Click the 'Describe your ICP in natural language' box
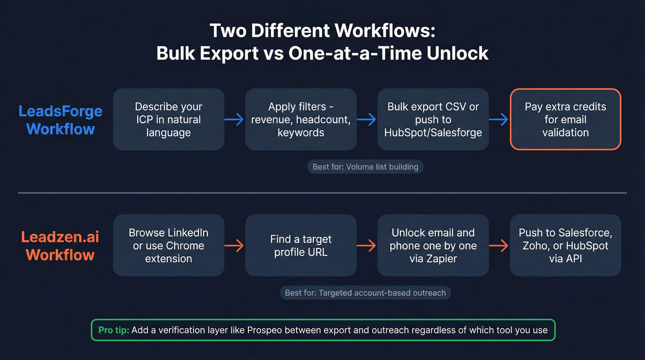click(x=169, y=119)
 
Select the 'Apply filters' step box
click(x=301, y=119)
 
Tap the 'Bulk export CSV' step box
click(x=433, y=119)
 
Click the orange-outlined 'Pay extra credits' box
click(x=565, y=119)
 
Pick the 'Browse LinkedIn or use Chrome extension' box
click(x=169, y=245)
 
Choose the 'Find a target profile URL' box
click(x=301, y=245)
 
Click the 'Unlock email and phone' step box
click(x=433, y=245)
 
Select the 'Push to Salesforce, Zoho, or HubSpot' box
click(x=565, y=245)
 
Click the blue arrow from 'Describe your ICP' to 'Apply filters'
click(x=235, y=120)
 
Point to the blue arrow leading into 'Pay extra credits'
click(x=499, y=120)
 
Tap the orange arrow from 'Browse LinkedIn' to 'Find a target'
click(x=235, y=246)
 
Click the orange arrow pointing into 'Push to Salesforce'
click(x=499, y=246)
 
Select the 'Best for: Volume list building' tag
click(x=365, y=167)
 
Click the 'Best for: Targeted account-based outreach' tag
click(x=365, y=293)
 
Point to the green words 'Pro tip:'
click(x=113, y=330)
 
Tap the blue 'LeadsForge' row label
click(x=60, y=112)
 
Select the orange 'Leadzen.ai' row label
click(x=60, y=237)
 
